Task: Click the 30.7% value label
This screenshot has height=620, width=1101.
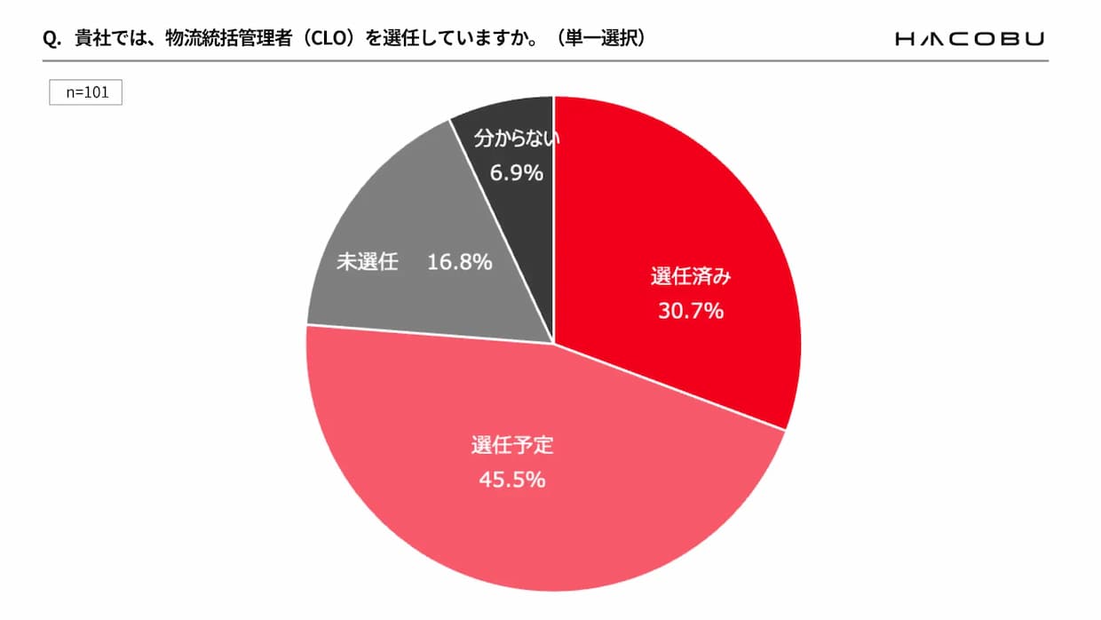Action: coord(690,311)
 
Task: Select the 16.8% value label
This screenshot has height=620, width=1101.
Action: coord(459,263)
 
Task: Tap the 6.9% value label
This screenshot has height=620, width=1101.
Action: coord(516,173)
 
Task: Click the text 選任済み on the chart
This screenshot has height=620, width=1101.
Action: coord(690,276)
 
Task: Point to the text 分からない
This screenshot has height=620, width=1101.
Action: coord(520,139)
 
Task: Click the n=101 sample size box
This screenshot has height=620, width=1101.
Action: coord(85,92)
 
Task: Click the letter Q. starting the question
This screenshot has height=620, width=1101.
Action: coord(51,39)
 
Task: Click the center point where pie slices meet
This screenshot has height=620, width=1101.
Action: coord(554,343)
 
